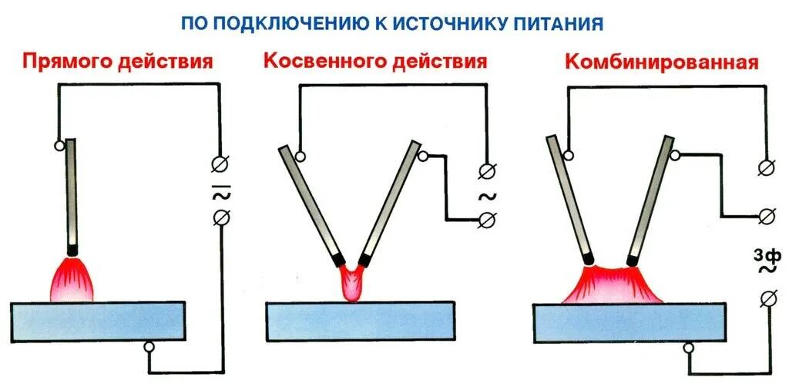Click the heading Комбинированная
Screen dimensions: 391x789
(662, 62)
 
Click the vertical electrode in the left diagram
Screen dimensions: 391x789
(72, 193)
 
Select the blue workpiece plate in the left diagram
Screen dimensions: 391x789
(98, 321)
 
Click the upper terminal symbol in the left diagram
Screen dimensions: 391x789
(218, 163)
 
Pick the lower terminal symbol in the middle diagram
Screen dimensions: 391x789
(486, 221)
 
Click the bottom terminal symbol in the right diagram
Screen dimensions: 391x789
(766, 298)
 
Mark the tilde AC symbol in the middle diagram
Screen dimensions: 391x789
(489, 195)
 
